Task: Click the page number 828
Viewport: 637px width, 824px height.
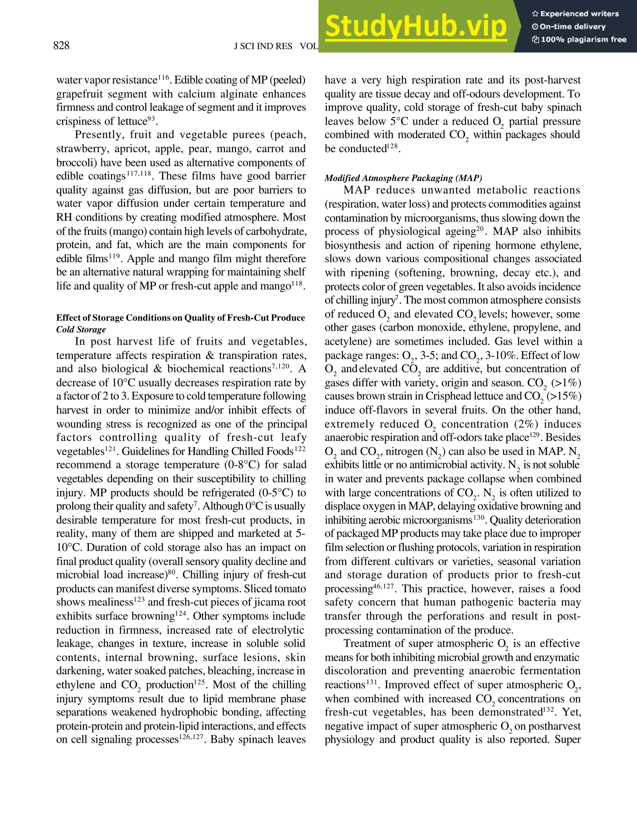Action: point(62,46)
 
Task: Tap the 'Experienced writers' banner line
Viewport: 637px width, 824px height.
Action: point(575,14)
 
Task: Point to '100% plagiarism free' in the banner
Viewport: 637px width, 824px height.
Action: point(579,39)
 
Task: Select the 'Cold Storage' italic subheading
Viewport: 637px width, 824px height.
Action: point(81,329)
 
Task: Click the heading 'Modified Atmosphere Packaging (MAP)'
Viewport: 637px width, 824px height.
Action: point(403,178)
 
